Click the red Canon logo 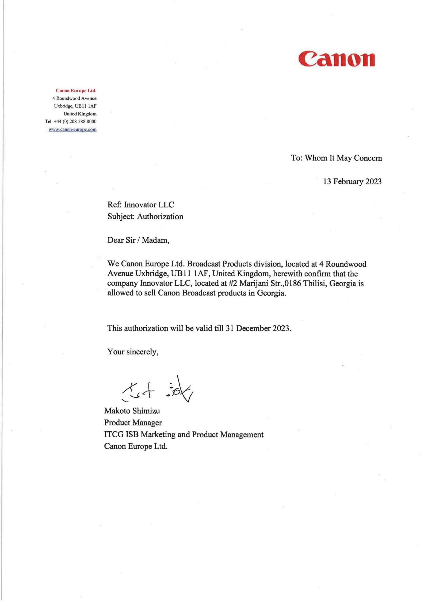point(337,59)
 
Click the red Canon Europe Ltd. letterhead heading point(76,91)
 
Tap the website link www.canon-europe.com point(72,130)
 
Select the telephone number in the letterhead point(75,121)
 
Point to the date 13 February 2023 point(352,182)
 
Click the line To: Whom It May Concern point(336,158)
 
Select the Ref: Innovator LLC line point(141,205)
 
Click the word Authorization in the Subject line point(160,216)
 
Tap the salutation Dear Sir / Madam point(138,240)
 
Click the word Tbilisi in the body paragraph point(315,283)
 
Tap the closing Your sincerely point(133,352)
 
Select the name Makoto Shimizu point(132,411)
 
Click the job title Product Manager point(133,422)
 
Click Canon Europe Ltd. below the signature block point(136,446)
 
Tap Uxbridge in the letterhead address point(63,106)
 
